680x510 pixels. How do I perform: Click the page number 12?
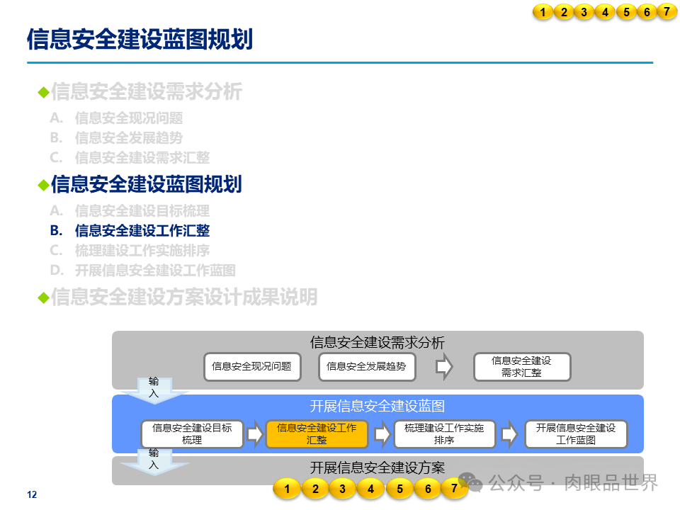pyautogui.click(x=31, y=494)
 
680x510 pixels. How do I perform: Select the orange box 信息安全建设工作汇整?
pyautogui.click(x=317, y=433)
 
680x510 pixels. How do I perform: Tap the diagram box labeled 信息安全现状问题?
pyautogui.click(x=251, y=366)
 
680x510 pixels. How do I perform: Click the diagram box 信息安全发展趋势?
pyautogui.click(x=366, y=366)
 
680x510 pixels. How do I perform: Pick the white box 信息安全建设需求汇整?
pyautogui.click(x=521, y=366)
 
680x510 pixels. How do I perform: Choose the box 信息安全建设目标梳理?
pyautogui.click(x=192, y=433)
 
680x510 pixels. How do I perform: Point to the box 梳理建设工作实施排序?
pyautogui.click(x=444, y=433)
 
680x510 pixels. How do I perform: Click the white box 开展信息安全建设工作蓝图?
pyautogui.click(x=576, y=433)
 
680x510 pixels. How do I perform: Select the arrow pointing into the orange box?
pyautogui.click(x=255, y=434)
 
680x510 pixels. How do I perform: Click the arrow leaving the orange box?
pyautogui.click(x=382, y=434)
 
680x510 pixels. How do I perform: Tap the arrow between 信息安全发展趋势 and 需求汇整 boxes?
pyautogui.click(x=444, y=366)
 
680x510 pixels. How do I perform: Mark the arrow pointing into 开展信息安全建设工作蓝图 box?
pyautogui.click(x=509, y=434)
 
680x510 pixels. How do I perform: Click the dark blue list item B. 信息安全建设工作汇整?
pyautogui.click(x=142, y=230)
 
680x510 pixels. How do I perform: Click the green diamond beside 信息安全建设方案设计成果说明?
pyautogui.click(x=43, y=297)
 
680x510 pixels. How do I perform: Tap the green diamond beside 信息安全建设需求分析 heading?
pyautogui.click(x=43, y=92)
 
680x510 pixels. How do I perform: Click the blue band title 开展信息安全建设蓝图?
pyautogui.click(x=378, y=406)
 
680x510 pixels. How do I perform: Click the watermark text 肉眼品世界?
pyautogui.click(x=611, y=483)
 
